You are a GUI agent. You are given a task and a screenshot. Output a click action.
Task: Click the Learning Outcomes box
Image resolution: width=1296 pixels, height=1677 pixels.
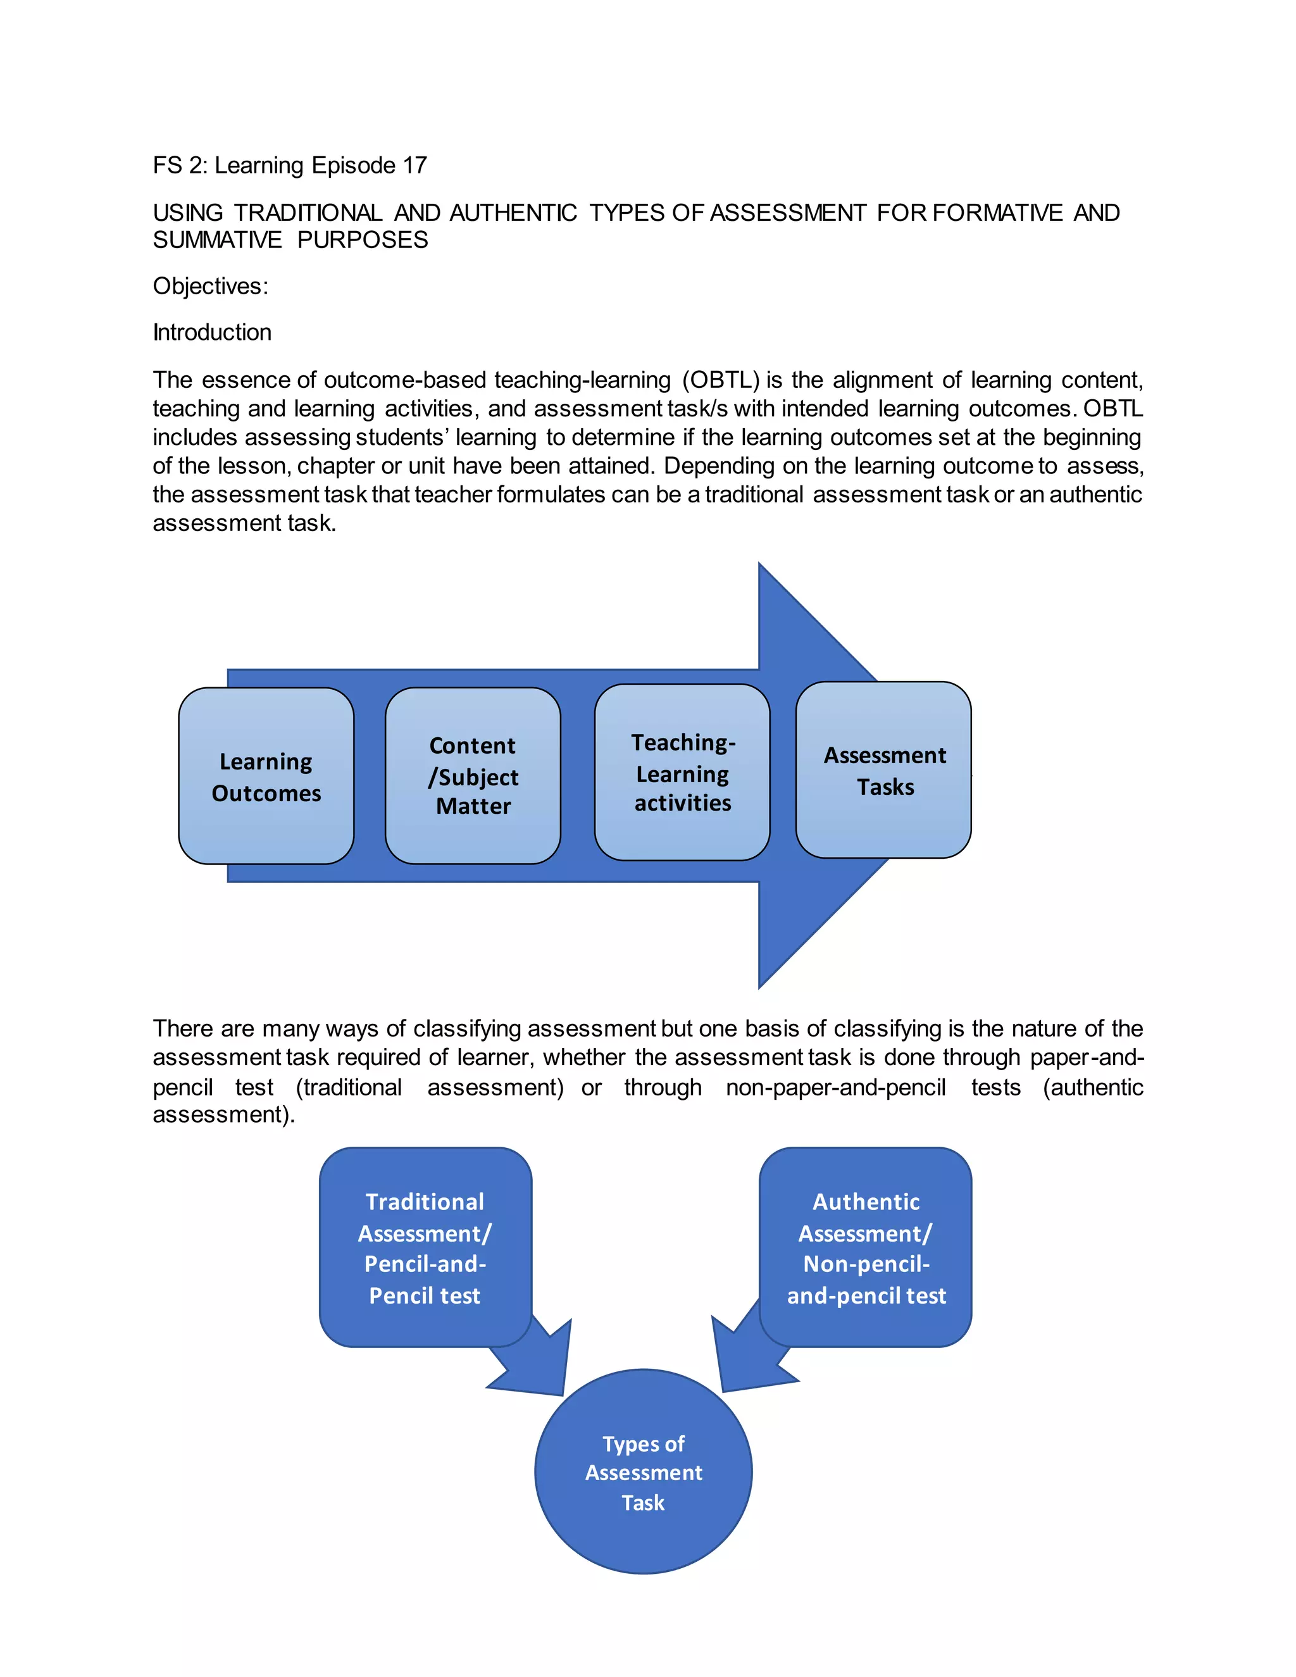pyautogui.click(x=266, y=776)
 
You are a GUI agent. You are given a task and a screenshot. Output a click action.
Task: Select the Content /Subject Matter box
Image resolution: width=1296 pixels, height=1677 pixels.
pyautogui.click(x=472, y=776)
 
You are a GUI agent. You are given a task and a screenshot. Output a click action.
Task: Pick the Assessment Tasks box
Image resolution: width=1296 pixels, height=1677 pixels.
pyautogui.click(x=883, y=770)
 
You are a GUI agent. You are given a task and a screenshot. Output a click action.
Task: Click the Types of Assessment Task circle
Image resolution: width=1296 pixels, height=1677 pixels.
pyautogui.click(x=643, y=1472)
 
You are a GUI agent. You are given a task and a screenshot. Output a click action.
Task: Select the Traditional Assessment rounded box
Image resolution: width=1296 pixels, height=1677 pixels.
pyautogui.click(x=425, y=1247)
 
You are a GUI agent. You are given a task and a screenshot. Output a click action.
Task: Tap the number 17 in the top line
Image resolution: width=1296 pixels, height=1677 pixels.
pyautogui.click(x=414, y=165)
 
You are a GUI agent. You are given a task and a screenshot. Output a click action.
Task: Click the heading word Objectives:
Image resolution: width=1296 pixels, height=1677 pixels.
pyautogui.click(x=210, y=287)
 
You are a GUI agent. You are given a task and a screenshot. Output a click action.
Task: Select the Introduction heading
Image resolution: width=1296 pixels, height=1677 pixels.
pyautogui.click(x=212, y=332)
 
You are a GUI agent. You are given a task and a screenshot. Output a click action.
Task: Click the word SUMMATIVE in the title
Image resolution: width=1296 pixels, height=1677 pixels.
pyautogui.click(x=217, y=240)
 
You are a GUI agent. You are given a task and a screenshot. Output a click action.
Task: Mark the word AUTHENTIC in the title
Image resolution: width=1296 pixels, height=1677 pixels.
pyautogui.click(x=513, y=213)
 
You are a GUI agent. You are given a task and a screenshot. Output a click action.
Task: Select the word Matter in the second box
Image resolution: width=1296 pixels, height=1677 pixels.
pyautogui.click(x=473, y=806)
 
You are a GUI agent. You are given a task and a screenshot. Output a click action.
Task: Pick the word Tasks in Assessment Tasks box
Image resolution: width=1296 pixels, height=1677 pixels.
pyautogui.click(x=885, y=787)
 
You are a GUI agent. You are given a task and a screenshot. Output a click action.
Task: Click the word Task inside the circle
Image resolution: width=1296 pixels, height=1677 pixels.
pyautogui.click(x=643, y=1503)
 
